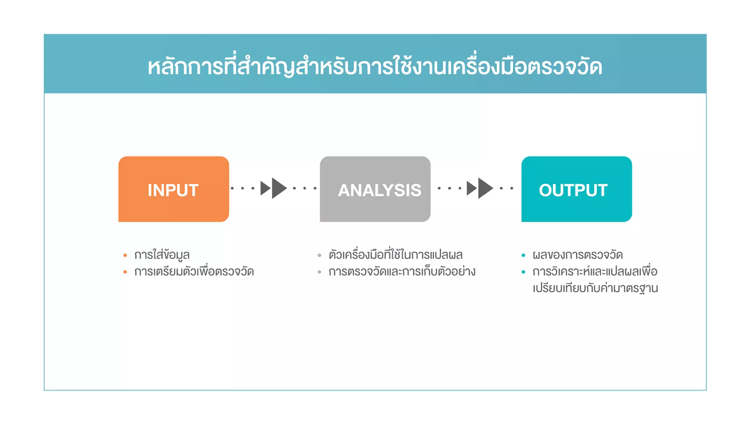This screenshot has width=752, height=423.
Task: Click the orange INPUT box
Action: click(174, 189)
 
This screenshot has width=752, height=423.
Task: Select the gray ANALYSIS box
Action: click(375, 189)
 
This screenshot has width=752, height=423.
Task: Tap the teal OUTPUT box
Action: click(577, 189)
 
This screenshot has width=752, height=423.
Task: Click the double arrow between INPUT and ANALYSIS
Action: click(274, 188)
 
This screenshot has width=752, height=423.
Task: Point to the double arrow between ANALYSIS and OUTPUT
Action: click(480, 188)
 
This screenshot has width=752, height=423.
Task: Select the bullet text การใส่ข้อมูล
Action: click(162, 255)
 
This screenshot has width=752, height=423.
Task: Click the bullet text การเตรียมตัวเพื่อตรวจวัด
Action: click(194, 271)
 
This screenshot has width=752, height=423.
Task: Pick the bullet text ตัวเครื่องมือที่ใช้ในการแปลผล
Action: click(396, 255)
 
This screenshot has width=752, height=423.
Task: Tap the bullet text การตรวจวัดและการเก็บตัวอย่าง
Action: click(402, 271)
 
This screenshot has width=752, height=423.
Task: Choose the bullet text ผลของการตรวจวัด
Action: click(577, 255)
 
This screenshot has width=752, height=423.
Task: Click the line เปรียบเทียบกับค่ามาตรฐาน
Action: click(595, 288)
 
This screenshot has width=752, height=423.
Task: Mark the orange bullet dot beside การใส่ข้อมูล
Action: click(125, 255)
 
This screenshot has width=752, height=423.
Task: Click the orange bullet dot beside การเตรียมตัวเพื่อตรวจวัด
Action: click(125, 272)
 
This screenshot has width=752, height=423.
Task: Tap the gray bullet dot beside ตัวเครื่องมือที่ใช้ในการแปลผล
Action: click(320, 255)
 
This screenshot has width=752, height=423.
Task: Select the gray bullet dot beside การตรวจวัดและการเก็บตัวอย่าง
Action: click(320, 272)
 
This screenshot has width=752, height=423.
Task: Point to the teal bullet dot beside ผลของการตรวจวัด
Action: click(523, 255)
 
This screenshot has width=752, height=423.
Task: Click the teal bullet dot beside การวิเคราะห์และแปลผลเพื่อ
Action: click(523, 272)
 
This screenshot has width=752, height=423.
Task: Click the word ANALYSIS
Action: click(380, 190)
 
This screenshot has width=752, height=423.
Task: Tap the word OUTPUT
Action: click(573, 190)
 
